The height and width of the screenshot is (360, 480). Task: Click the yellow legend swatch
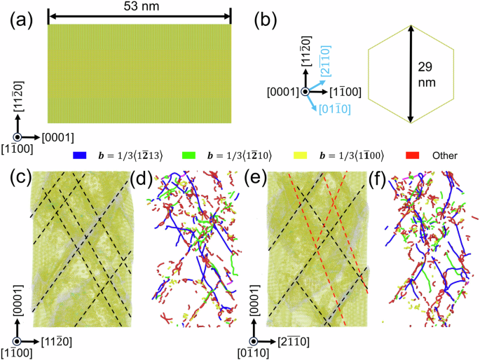pos(297,154)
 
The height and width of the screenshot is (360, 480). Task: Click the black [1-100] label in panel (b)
pos(347,91)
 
